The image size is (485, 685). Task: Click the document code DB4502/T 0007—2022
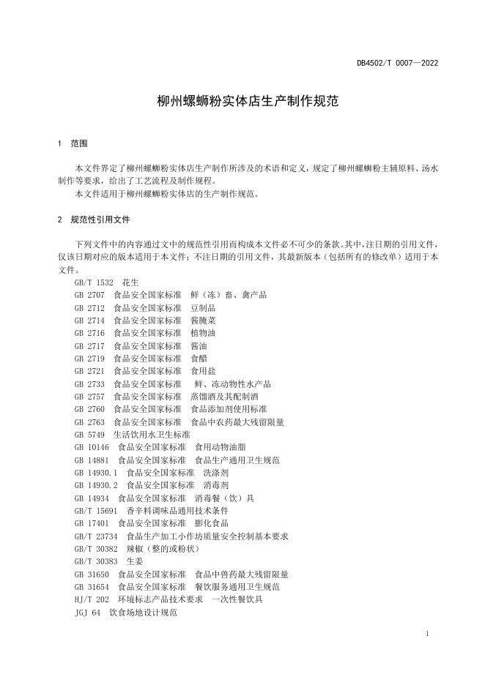pyautogui.click(x=397, y=63)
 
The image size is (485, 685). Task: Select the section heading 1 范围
pyautogui.click(x=73, y=144)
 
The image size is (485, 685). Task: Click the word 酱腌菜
pyautogui.click(x=203, y=321)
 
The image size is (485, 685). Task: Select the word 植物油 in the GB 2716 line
pyautogui.click(x=203, y=333)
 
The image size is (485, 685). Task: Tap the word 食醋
pyautogui.click(x=199, y=359)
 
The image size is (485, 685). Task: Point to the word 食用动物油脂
pyautogui.click(x=221, y=448)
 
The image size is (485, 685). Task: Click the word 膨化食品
pyautogui.click(x=212, y=523)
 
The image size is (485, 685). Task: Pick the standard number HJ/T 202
pyautogui.click(x=90, y=599)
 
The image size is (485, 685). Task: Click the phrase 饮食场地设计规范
pyautogui.click(x=143, y=613)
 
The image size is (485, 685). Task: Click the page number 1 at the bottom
pyautogui.click(x=426, y=634)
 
